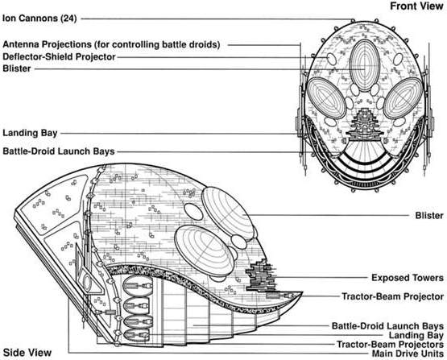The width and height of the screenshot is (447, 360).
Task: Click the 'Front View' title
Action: [x=416, y=6]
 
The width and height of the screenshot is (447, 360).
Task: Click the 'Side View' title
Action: [x=27, y=353]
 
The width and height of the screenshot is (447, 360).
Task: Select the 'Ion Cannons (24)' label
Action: [x=39, y=19]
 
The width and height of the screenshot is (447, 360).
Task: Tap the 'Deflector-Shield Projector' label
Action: [x=59, y=56]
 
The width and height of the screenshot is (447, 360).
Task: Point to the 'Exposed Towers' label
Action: [x=408, y=278]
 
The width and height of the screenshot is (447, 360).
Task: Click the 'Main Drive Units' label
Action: [x=408, y=354]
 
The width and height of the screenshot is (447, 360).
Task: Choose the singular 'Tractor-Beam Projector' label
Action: [x=392, y=296]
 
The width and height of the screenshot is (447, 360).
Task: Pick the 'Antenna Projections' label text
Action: [x=47, y=44]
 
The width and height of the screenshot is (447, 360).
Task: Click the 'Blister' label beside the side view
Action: [x=429, y=216]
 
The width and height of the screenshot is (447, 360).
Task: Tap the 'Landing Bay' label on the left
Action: [x=30, y=133]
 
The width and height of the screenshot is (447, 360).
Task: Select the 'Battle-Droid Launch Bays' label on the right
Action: [x=387, y=326]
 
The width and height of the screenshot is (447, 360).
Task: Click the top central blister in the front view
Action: [x=364, y=65]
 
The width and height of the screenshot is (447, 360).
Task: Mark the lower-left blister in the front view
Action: [x=326, y=97]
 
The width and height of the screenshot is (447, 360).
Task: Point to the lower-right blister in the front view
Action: [x=403, y=98]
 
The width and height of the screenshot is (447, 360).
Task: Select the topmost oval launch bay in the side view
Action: [x=138, y=286]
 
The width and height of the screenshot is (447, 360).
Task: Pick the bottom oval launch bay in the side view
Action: [x=137, y=335]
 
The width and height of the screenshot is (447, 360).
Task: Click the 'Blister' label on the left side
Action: [x=17, y=68]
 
